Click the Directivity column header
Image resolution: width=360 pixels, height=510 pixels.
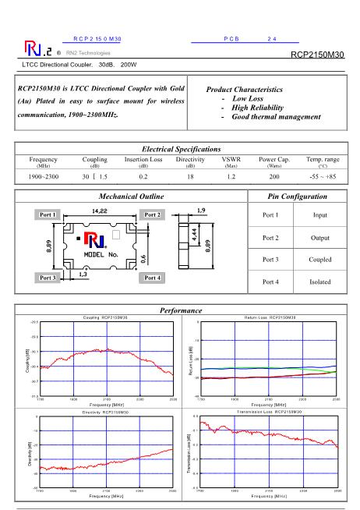click(x=190, y=159)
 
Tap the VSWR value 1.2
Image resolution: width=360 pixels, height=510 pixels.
click(x=231, y=178)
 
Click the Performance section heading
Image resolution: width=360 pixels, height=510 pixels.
click(x=180, y=310)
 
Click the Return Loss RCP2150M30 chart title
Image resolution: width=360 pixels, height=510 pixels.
click(x=270, y=317)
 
